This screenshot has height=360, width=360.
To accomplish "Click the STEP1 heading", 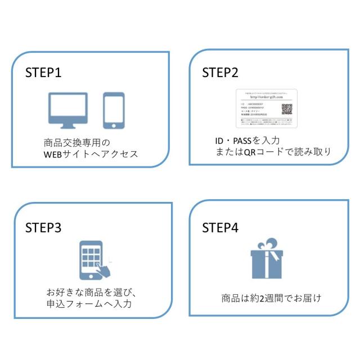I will click(x=43, y=74).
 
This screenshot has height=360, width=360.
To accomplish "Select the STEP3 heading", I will click(x=43, y=228).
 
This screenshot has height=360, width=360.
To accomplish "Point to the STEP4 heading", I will click(x=220, y=228).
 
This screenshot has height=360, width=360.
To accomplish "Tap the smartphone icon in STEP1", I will click(x=113, y=110).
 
